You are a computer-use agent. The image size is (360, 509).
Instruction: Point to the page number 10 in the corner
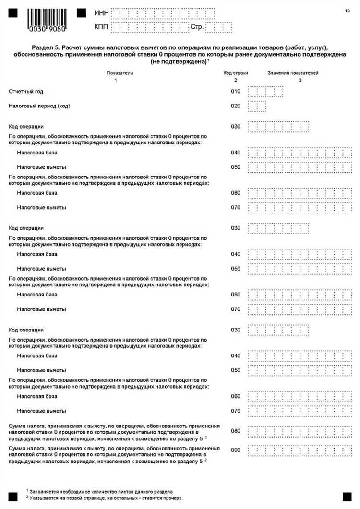[x=347, y=10]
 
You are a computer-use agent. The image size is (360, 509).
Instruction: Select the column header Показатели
[x=120, y=73]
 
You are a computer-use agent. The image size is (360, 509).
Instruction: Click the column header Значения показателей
[x=293, y=73]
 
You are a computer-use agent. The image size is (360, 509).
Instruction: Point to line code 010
[x=235, y=91]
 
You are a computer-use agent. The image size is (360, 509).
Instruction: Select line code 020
[x=235, y=106]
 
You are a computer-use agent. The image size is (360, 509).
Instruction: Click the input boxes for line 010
[x=265, y=92]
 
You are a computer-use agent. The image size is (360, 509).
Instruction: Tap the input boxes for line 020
[x=257, y=106]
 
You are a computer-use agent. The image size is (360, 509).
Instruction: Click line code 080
[x=235, y=430]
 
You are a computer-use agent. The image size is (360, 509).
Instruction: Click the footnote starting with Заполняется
[x=101, y=492]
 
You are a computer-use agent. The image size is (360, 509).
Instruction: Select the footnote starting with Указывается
[x=106, y=498]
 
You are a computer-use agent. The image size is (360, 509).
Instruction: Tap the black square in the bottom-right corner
[x=347, y=497]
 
